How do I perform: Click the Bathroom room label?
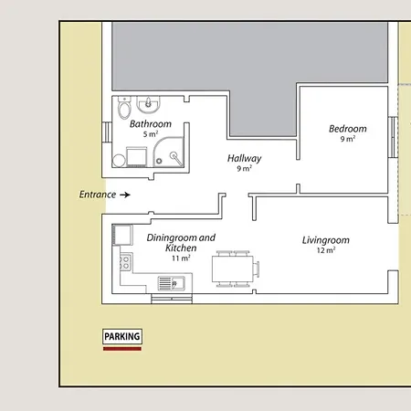[x=151, y=124]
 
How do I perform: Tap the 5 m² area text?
[x=151, y=134]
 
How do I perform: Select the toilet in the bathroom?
[x=124, y=108]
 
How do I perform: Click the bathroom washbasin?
[x=148, y=104]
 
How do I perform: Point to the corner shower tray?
[x=168, y=152]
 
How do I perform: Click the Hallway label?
[x=244, y=158]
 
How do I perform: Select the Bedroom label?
[x=348, y=129]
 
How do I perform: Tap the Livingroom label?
[x=326, y=240]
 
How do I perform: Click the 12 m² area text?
[x=326, y=250]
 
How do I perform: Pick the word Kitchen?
[x=181, y=248]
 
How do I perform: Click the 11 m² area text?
[x=181, y=258]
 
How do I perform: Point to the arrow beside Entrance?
[x=125, y=195]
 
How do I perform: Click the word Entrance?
[x=98, y=195]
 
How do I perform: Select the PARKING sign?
[x=122, y=336]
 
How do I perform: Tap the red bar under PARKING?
[x=122, y=349]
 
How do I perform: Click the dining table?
[x=233, y=269]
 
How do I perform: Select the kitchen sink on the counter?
[x=172, y=283]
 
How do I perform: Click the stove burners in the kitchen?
[x=126, y=263]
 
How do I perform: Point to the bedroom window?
[x=393, y=137]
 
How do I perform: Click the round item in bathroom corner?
[x=119, y=161]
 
